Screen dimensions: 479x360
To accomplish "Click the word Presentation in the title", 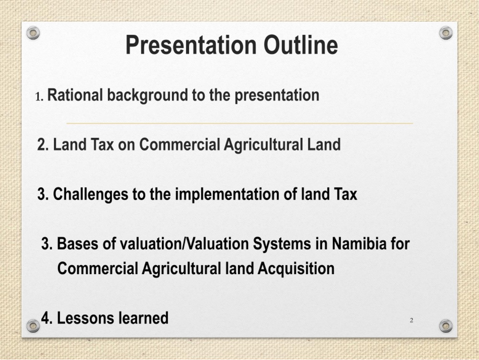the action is click(191, 46).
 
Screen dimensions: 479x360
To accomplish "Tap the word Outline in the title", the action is click(301, 45).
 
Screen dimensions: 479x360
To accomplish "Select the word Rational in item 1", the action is click(75, 95).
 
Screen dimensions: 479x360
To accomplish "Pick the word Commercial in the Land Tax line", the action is click(180, 145).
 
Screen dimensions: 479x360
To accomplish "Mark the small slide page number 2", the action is click(411, 320).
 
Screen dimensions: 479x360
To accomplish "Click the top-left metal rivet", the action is click(33, 33).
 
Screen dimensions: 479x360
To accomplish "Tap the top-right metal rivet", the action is click(445, 33).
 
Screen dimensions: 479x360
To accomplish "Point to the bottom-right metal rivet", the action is click(445, 326).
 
